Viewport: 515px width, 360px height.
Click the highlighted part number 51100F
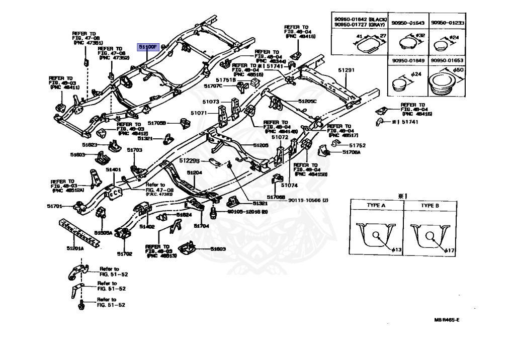click(149, 47)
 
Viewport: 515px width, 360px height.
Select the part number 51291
click(346, 70)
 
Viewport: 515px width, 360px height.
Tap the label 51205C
click(307, 101)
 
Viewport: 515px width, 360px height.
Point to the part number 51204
click(195, 172)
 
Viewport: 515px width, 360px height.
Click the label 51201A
click(75, 248)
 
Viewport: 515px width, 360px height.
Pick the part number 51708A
click(352, 151)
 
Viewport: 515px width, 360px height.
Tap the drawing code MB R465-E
click(447, 319)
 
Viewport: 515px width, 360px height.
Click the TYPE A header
click(375, 206)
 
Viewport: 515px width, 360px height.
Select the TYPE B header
click(430, 206)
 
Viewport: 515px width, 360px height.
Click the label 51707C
click(213, 86)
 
